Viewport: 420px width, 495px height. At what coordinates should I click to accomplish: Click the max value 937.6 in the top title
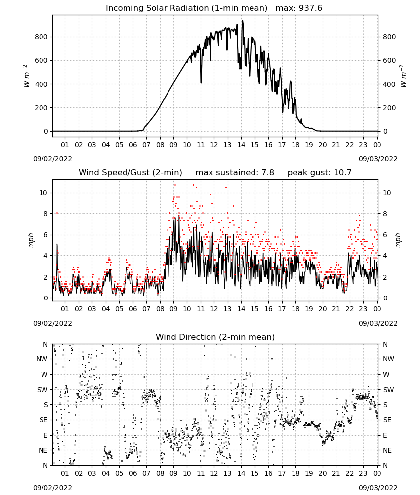click(x=310, y=8)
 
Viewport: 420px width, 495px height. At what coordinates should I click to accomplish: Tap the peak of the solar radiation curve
click(x=242, y=21)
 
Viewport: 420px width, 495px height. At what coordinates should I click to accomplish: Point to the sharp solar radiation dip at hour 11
click(x=201, y=82)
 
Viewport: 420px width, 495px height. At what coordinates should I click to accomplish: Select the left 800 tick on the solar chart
click(x=42, y=37)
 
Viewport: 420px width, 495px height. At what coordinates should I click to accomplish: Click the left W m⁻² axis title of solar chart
click(x=27, y=76)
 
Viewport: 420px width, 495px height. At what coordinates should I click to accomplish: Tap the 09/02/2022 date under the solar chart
click(x=52, y=159)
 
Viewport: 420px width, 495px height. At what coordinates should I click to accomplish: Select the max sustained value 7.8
click(x=268, y=172)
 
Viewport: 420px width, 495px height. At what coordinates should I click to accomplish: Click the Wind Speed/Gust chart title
click(x=130, y=172)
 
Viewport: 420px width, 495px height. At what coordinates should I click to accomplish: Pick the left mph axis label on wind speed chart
click(x=31, y=240)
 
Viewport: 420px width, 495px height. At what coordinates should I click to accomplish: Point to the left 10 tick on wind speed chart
click(x=43, y=193)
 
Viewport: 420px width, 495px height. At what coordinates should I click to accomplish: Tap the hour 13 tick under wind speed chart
click(x=227, y=309)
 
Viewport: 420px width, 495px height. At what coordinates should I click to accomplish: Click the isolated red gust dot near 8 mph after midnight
click(x=57, y=213)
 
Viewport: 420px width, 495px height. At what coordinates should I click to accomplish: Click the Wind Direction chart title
click(x=215, y=337)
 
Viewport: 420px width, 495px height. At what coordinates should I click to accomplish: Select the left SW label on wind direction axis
click(x=42, y=390)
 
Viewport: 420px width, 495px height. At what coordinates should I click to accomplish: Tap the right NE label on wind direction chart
click(x=387, y=450)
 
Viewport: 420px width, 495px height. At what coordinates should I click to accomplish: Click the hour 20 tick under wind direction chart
click(x=322, y=473)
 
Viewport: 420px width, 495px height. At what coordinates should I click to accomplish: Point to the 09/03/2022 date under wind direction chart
click(x=378, y=488)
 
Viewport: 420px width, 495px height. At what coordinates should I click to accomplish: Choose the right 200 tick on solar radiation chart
click(x=389, y=107)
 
